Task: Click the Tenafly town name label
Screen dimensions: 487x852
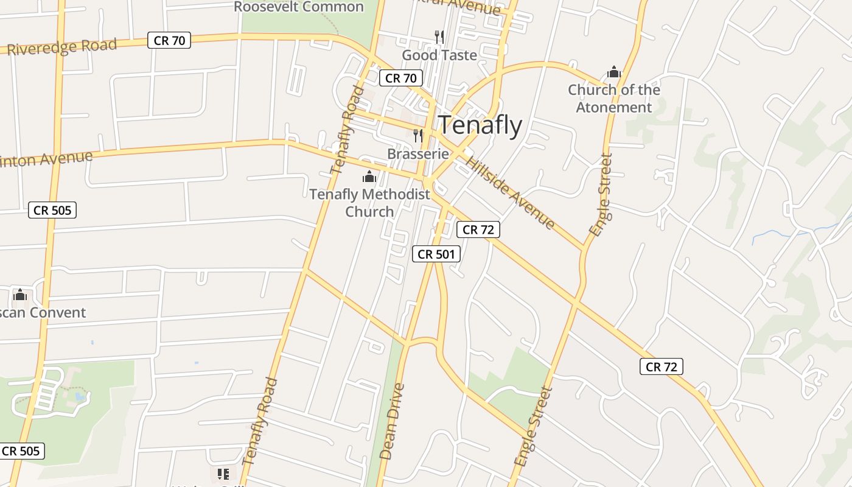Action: pyautogui.click(x=480, y=125)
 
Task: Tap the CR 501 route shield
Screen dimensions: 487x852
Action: pyautogui.click(x=436, y=254)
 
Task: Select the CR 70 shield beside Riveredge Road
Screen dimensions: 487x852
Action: pyautogui.click(x=169, y=41)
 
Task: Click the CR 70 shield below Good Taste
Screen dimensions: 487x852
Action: pyautogui.click(x=401, y=78)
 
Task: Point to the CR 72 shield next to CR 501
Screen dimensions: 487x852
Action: pyautogui.click(x=478, y=229)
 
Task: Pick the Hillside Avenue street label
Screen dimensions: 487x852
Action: pyautogui.click(x=510, y=192)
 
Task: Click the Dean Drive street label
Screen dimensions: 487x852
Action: pyautogui.click(x=391, y=421)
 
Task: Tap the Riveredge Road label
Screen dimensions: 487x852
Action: pyautogui.click(x=61, y=47)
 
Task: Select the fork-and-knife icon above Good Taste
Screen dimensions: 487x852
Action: pyautogui.click(x=439, y=37)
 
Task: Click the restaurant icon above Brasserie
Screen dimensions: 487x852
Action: pyautogui.click(x=418, y=135)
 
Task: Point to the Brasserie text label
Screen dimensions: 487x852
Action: pyautogui.click(x=418, y=154)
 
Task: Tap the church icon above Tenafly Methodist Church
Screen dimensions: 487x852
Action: pyautogui.click(x=369, y=177)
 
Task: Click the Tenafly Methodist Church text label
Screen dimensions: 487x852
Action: pyautogui.click(x=369, y=203)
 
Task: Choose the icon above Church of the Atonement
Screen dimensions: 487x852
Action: pyautogui.click(x=613, y=72)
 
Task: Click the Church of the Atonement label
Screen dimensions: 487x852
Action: pyautogui.click(x=613, y=99)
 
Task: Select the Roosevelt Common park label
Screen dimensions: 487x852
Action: pyautogui.click(x=299, y=7)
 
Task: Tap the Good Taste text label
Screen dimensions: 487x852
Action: pyautogui.click(x=439, y=55)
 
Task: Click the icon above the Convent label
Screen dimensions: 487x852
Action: pyautogui.click(x=20, y=295)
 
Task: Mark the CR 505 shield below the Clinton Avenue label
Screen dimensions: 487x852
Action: pyautogui.click(x=52, y=211)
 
